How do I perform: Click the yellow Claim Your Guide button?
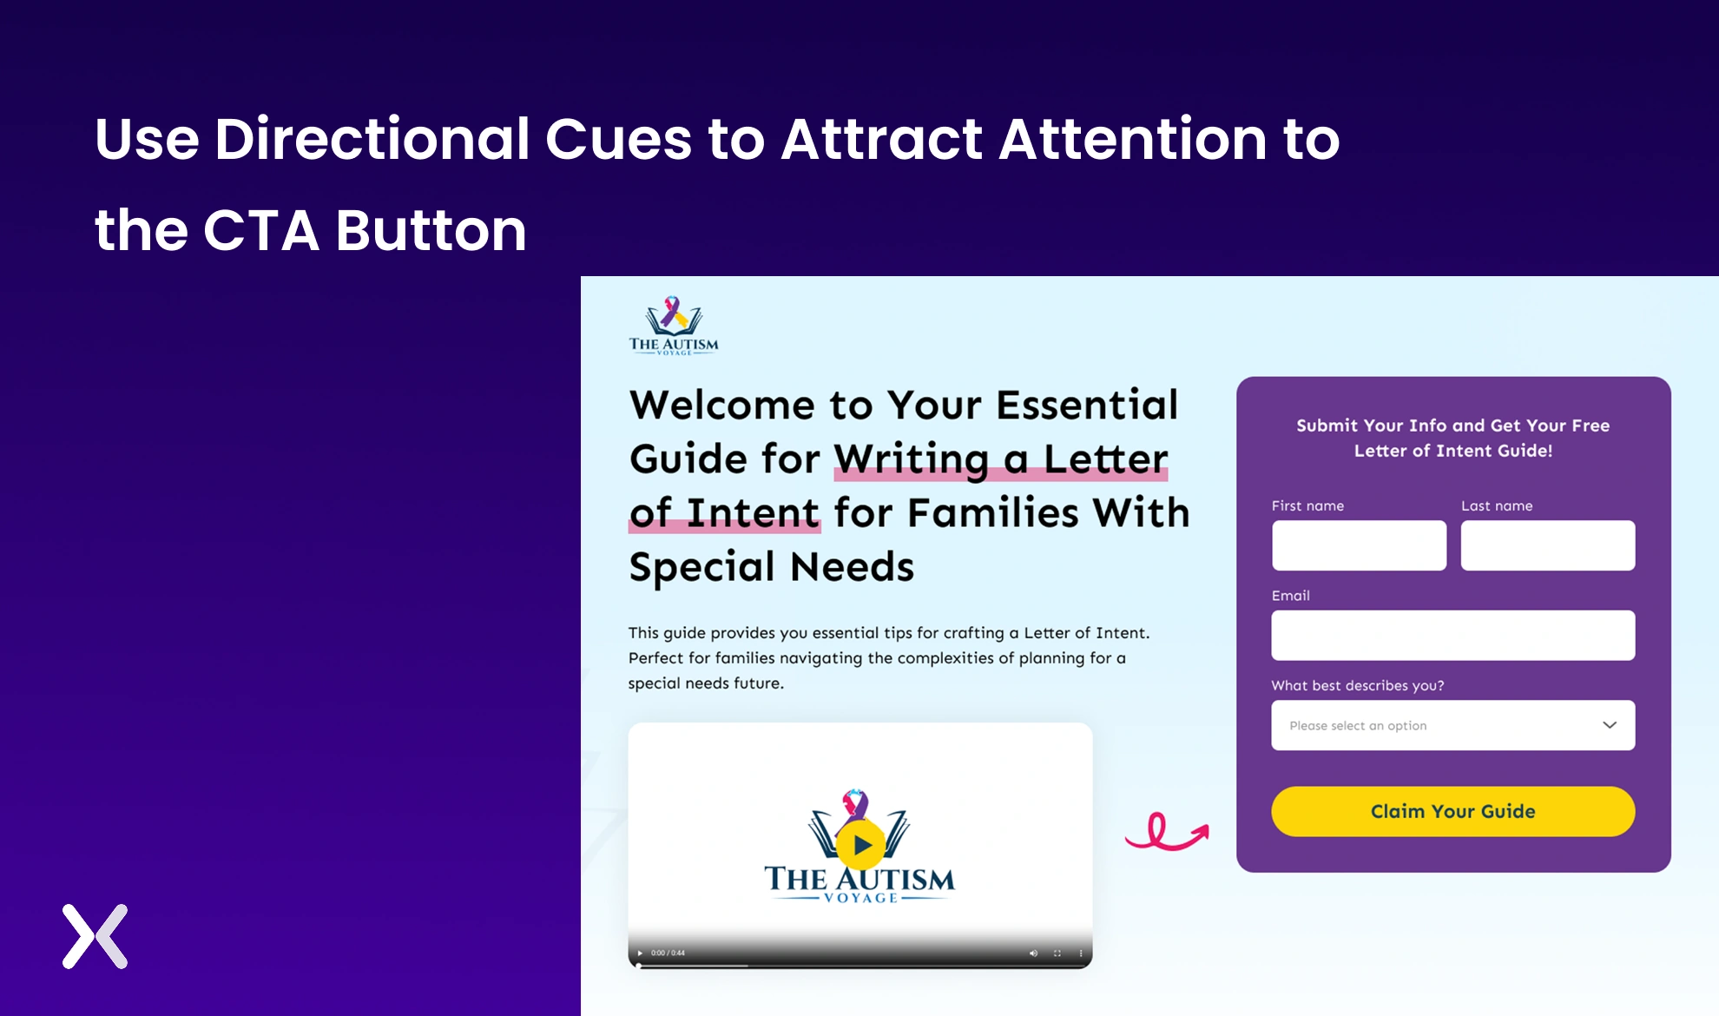tap(1452, 811)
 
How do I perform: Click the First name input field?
tap(1359, 545)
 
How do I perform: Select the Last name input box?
tap(1547, 545)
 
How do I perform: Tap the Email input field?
tap(1452, 635)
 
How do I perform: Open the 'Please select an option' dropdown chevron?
tap(1609, 725)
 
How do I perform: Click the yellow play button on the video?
tap(860, 844)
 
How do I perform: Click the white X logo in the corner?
tap(95, 936)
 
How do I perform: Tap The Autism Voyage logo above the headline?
tap(674, 326)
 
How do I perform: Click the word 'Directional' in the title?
tap(372, 139)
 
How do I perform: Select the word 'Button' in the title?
tap(431, 230)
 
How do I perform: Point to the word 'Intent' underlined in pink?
tap(753, 512)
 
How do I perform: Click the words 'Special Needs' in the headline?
tap(772, 567)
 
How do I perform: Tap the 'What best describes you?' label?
tap(1358, 685)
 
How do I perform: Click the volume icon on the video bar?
tap(1033, 953)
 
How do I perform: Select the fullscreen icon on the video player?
tap(1057, 953)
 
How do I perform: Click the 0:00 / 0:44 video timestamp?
tap(668, 953)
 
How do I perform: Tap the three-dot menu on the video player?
tap(1081, 953)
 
